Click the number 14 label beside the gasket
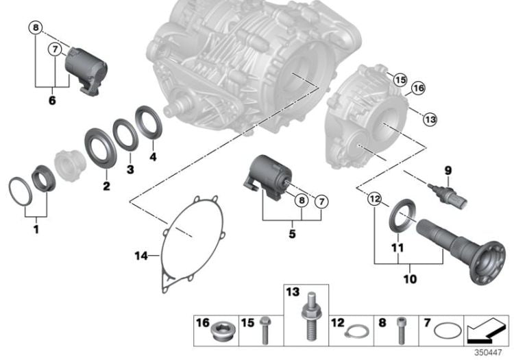tap(140, 256)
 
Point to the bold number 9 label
tap(448, 170)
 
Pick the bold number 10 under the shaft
tap(409, 279)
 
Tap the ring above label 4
tap(147, 121)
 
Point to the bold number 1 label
tap(35, 228)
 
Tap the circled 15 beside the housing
tap(399, 80)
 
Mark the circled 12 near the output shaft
tap(374, 200)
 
